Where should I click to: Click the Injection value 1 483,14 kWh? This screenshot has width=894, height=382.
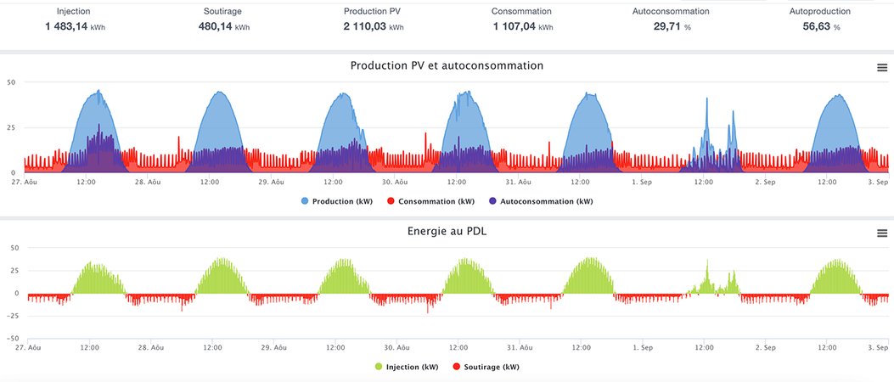76,27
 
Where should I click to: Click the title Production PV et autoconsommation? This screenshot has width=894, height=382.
447,65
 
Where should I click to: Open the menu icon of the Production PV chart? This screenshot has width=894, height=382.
881,68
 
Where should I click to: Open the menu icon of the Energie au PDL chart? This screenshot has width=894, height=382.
881,233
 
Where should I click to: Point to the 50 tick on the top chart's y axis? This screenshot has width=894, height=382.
12,82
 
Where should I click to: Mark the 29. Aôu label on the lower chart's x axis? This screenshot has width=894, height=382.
273,347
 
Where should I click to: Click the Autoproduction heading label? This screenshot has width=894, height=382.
819,12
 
